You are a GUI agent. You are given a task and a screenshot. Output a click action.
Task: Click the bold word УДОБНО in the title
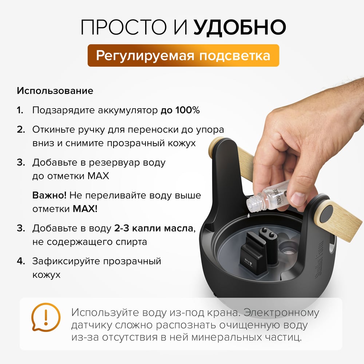click(240, 27)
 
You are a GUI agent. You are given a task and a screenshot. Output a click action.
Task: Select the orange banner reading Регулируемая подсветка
click(183, 55)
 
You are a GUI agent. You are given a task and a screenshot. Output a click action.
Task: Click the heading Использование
click(55, 91)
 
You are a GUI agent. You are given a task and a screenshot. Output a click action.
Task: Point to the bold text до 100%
click(180, 110)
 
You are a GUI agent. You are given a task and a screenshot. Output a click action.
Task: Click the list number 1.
click(20, 110)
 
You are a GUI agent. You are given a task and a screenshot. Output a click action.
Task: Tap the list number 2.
click(21, 130)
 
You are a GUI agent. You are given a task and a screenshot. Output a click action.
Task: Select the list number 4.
click(21, 261)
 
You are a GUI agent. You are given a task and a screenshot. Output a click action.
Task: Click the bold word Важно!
click(50, 195)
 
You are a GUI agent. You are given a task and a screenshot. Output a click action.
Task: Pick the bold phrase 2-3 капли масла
click(154, 229)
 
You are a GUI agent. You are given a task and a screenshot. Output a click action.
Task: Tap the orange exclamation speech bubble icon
click(46, 317)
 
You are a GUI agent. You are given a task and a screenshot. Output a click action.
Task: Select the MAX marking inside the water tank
click(248, 261)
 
